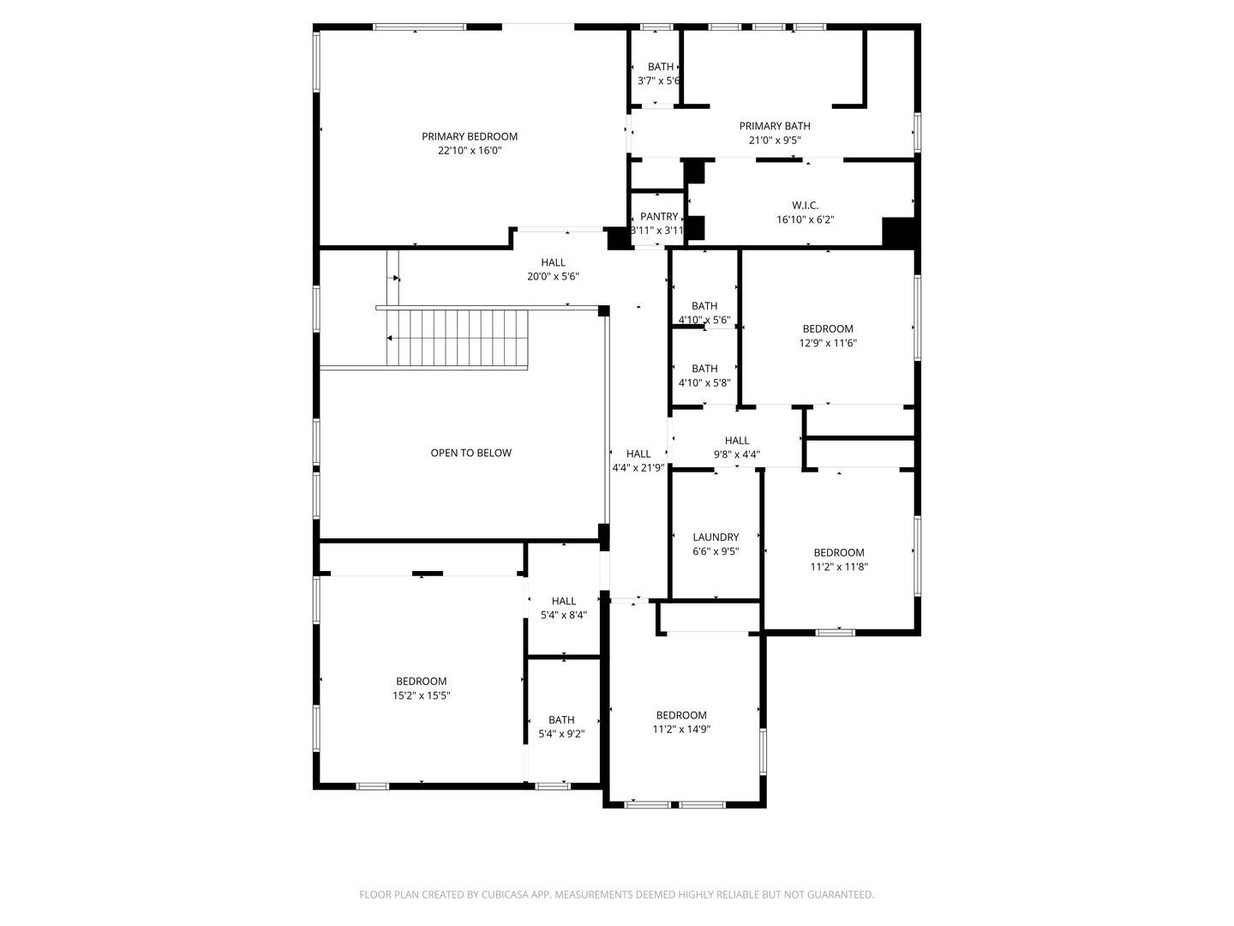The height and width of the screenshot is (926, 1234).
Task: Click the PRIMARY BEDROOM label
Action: (x=470, y=136)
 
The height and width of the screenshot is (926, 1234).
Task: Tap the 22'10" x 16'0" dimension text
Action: (x=470, y=151)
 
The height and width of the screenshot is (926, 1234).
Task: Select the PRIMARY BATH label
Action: (x=775, y=126)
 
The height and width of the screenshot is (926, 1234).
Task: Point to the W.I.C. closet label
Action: (x=805, y=205)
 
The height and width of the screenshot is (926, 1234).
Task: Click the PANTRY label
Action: (x=658, y=217)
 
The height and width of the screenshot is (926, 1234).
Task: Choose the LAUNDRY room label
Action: (x=716, y=538)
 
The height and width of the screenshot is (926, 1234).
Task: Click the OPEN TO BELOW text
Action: (x=470, y=453)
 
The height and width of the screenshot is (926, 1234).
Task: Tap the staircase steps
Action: (x=456, y=338)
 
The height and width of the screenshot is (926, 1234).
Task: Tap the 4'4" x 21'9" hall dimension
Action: (x=638, y=468)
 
